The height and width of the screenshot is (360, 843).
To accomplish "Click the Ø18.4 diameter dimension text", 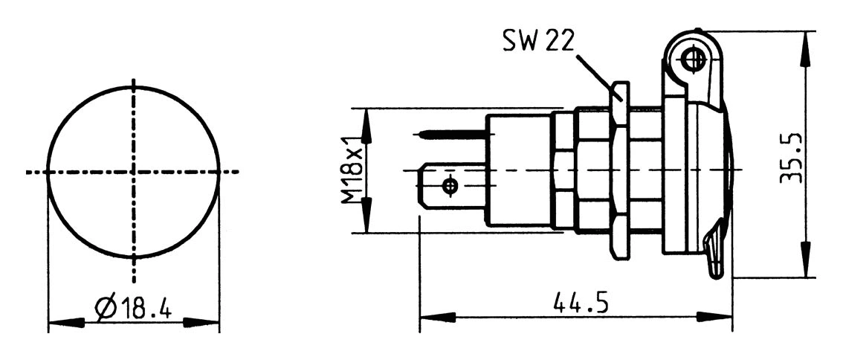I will (134, 307).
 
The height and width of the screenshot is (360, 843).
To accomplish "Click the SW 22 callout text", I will (537, 42).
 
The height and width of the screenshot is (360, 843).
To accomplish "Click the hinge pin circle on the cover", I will (692, 58).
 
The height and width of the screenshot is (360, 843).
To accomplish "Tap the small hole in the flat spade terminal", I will (449, 184).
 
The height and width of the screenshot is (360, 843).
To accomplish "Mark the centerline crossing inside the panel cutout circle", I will (134, 172).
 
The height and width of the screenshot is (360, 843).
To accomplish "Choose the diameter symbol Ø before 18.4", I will (105, 307).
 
